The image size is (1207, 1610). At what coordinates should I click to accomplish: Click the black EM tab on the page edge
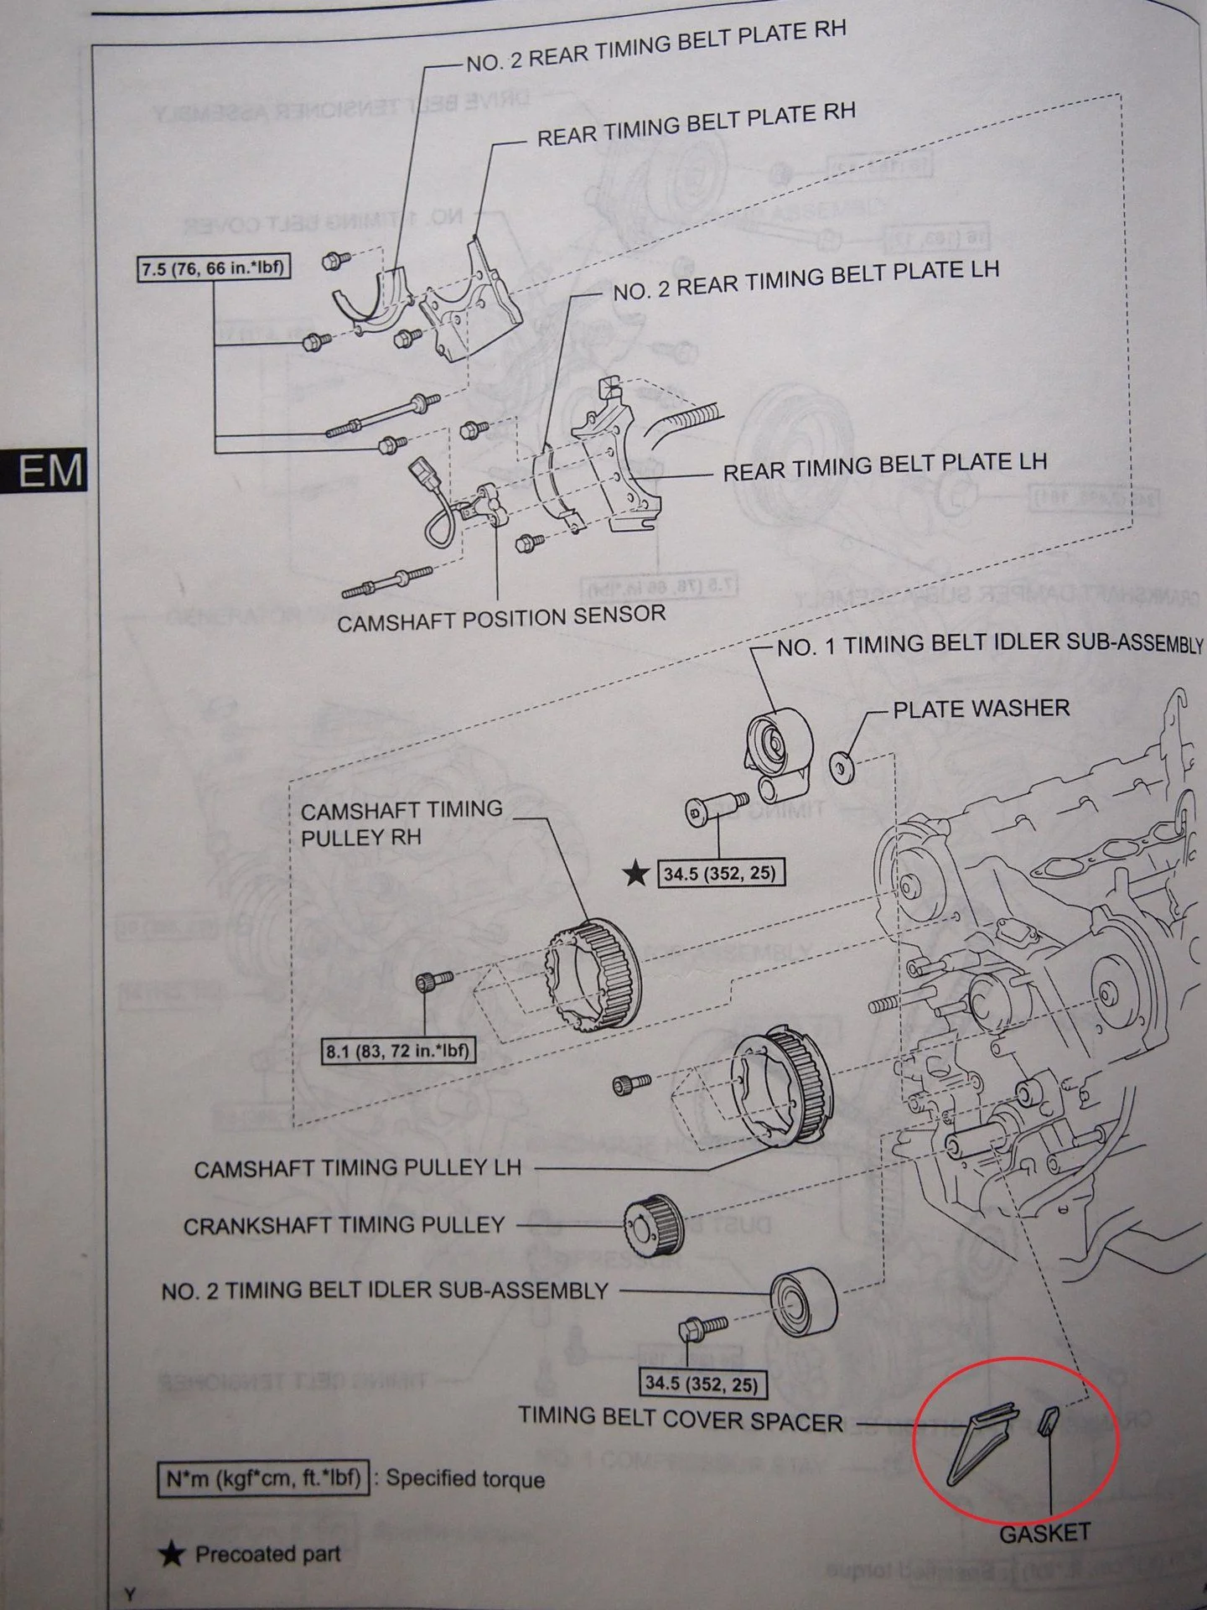click(46, 471)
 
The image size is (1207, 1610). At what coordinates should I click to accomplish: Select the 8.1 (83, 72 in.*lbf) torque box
click(398, 1051)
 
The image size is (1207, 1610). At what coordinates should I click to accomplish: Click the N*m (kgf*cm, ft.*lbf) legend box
click(262, 1478)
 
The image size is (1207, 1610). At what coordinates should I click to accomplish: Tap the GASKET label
click(1044, 1534)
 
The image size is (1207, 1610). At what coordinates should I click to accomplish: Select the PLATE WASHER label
click(981, 709)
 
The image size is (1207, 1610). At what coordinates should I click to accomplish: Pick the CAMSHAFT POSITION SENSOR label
click(500, 618)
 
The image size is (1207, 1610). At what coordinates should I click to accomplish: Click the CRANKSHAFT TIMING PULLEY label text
click(344, 1226)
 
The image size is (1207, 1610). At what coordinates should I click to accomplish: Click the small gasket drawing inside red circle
click(1048, 1420)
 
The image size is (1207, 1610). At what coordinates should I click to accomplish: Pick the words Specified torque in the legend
click(465, 1478)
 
